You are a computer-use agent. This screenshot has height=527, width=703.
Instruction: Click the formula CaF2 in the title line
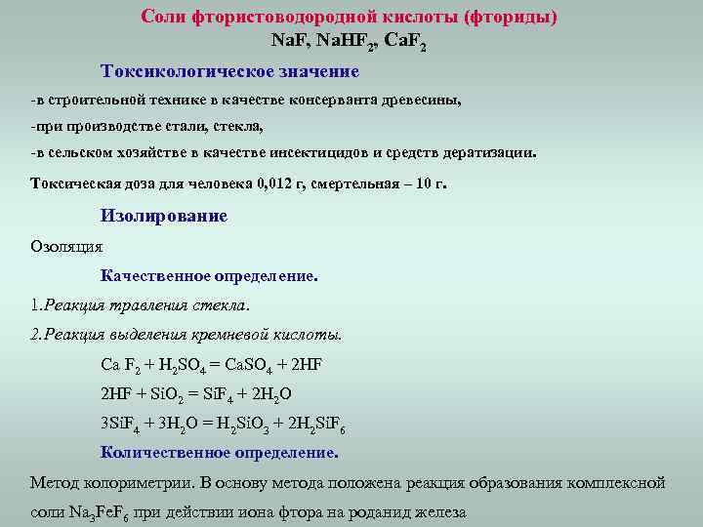[x=405, y=44]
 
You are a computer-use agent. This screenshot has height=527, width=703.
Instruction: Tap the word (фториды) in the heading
[x=511, y=18]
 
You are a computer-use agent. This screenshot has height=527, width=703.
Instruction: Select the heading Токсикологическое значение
[x=229, y=72]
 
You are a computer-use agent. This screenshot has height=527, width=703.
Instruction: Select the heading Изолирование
[x=164, y=216]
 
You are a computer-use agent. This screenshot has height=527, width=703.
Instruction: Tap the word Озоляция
[x=66, y=247]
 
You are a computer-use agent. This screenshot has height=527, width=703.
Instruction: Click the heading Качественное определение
[x=209, y=276]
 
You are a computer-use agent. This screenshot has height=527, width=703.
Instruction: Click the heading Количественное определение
[x=220, y=453]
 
